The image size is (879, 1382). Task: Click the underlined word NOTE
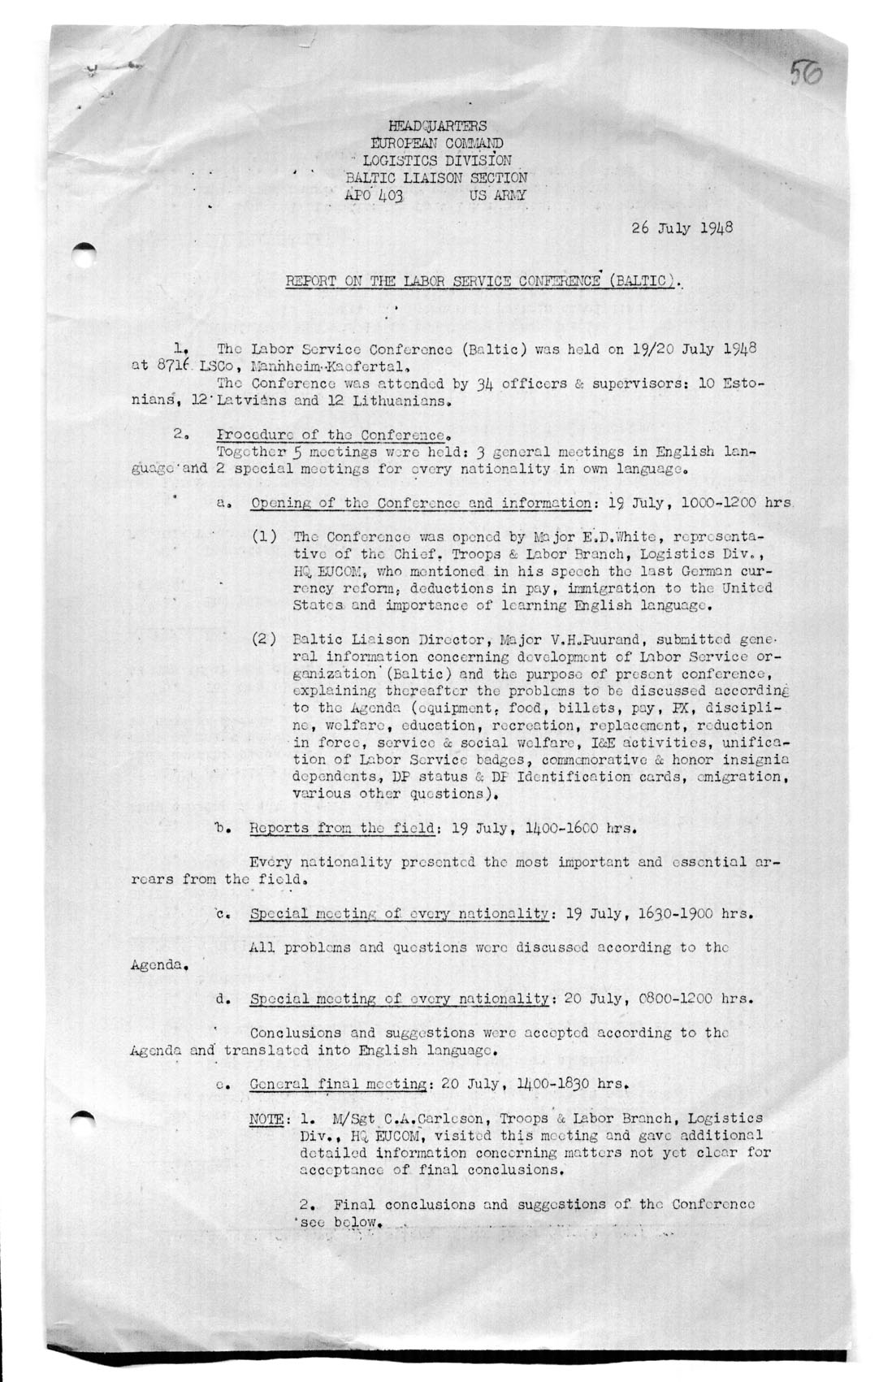pos(265,1119)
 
